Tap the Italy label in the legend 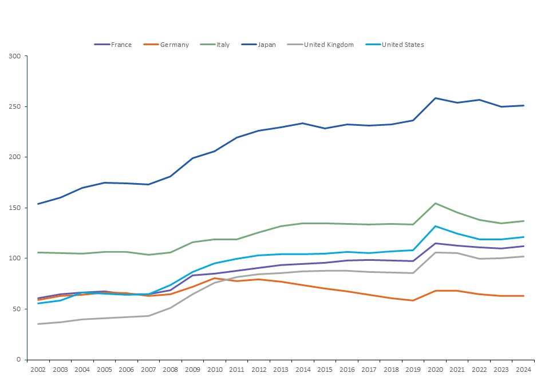(x=223, y=45)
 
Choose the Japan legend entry (x=266, y=45)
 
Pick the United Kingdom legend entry (x=329, y=45)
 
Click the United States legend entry (x=402, y=45)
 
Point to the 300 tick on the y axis (x=14, y=56)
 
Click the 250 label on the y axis (x=14, y=106)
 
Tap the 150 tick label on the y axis (x=14, y=208)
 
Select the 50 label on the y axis (x=16, y=309)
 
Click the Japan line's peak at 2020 (x=435, y=98)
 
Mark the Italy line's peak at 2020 (x=435, y=203)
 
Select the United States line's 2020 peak (x=435, y=226)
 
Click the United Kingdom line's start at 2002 (x=38, y=324)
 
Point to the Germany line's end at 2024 (x=523, y=296)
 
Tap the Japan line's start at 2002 (x=38, y=204)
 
